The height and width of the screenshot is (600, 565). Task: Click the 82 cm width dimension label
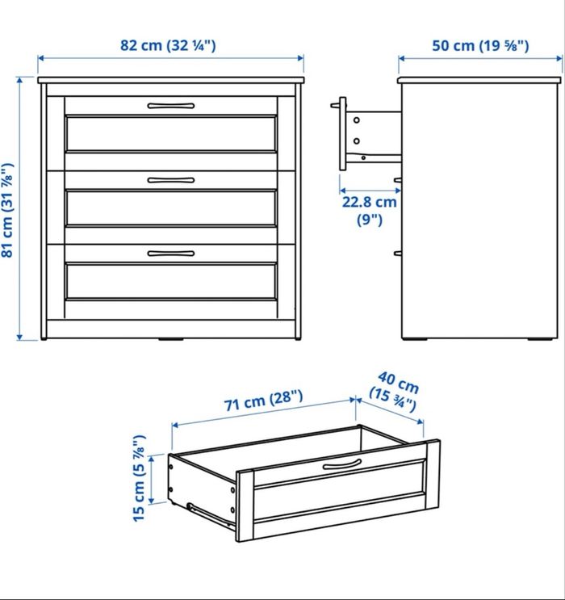tap(169, 45)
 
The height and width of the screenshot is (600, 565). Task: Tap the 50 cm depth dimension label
tap(480, 45)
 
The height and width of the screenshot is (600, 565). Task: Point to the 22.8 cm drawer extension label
tap(368, 203)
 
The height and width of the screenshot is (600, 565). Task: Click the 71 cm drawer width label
tap(264, 397)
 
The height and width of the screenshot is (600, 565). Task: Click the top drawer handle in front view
tap(171, 105)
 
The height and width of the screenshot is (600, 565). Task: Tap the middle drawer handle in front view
tap(171, 179)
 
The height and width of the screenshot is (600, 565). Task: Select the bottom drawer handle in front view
tap(171, 253)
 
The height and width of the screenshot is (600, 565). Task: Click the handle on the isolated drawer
tap(343, 464)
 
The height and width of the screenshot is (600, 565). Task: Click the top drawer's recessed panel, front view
tap(171, 133)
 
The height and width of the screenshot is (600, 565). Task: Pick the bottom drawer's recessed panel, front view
tap(171, 281)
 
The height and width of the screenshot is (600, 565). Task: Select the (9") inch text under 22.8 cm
tap(368, 219)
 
